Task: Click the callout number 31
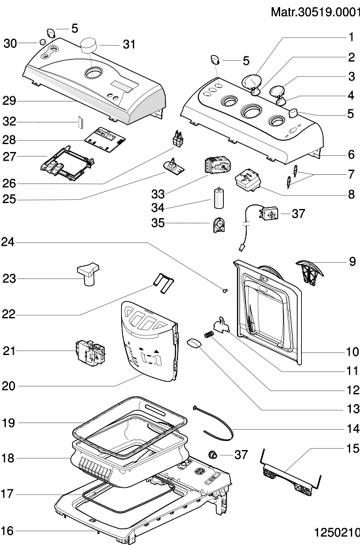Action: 129,45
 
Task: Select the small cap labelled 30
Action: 43,42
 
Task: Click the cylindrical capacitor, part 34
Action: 219,198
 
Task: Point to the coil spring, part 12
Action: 209,335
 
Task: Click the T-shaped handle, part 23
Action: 88,274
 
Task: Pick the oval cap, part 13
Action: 194,343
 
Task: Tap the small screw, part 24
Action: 225,290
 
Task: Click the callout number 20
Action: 9,386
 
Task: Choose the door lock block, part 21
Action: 90,353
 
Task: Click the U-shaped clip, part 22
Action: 163,282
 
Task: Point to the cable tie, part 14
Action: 213,424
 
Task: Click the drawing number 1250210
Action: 336,533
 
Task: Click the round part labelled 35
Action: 219,225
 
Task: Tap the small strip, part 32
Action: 79,122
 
